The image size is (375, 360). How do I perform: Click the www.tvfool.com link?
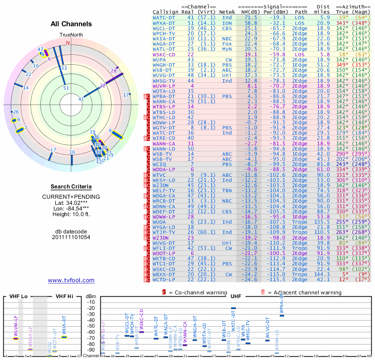(71, 280)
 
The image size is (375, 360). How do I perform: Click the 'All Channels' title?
(71, 24)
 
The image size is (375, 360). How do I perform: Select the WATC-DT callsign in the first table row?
(164, 17)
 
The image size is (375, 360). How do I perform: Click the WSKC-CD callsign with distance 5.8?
(164, 54)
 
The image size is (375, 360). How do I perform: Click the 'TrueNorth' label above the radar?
(71, 35)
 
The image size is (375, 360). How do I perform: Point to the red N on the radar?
(68, 43)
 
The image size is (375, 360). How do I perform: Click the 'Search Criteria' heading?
(71, 187)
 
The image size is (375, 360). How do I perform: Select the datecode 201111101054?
(71, 237)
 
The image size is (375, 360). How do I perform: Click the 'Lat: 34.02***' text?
(71, 202)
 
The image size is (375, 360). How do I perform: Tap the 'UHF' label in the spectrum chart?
(235, 296)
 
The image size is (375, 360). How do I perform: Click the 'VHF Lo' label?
(19, 296)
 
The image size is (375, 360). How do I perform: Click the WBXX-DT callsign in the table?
(164, 274)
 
